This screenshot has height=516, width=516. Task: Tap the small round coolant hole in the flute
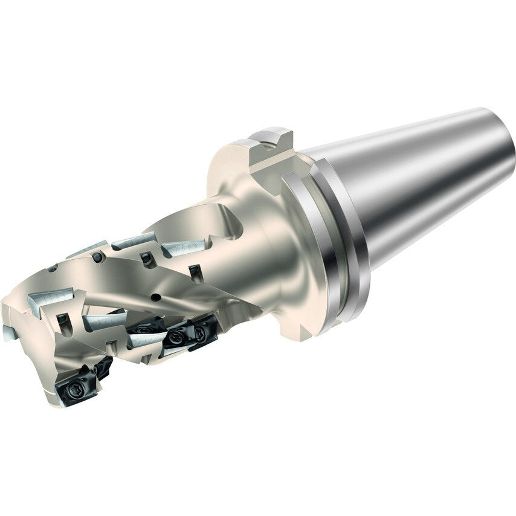pos(156,297)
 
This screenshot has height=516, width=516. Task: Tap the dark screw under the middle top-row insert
pos(145,259)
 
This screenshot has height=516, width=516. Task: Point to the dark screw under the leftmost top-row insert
pos(97,258)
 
